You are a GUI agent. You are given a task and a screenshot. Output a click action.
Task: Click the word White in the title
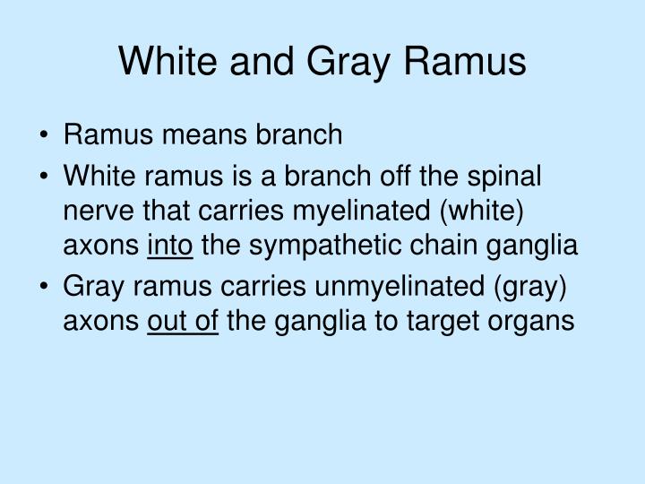click(168, 61)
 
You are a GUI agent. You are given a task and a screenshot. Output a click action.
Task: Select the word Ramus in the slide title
click(465, 61)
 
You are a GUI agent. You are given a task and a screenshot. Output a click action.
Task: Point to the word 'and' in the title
click(262, 61)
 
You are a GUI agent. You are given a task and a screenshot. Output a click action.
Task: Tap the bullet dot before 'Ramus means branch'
click(44, 135)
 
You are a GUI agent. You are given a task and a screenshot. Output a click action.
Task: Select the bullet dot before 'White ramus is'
click(44, 177)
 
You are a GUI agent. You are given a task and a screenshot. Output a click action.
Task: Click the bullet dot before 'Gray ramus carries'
click(44, 286)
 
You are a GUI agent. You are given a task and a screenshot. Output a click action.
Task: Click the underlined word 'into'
click(170, 246)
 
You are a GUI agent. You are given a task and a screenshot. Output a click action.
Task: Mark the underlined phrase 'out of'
click(183, 321)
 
